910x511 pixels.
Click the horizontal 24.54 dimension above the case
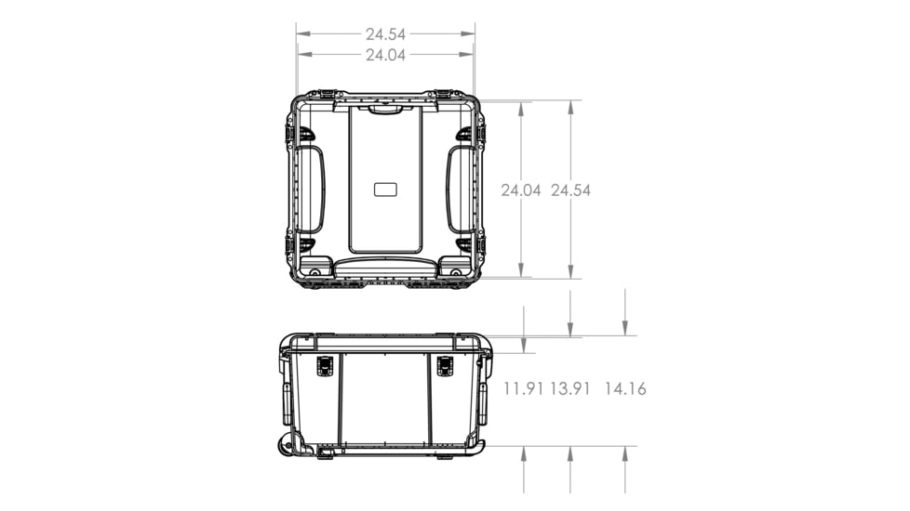pyautogui.click(x=385, y=34)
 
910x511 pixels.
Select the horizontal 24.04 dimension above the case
pyautogui.click(x=385, y=55)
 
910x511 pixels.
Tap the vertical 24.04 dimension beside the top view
pyautogui.click(x=521, y=190)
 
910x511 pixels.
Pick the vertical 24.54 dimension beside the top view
pyautogui.click(x=570, y=190)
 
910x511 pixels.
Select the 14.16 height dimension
pyautogui.click(x=625, y=388)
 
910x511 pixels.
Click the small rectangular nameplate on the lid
pyautogui.click(x=385, y=190)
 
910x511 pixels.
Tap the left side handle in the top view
pyautogui.click(x=311, y=190)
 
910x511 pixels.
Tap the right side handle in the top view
pyautogui.click(x=460, y=190)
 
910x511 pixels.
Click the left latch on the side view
pyautogui.click(x=325, y=366)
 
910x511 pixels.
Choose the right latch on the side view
pyautogui.click(x=445, y=366)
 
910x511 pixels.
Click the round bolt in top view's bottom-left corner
pyautogui.click(x=315, y=272)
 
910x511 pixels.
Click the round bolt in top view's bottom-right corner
pyautogui.click(x=456, y=272)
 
